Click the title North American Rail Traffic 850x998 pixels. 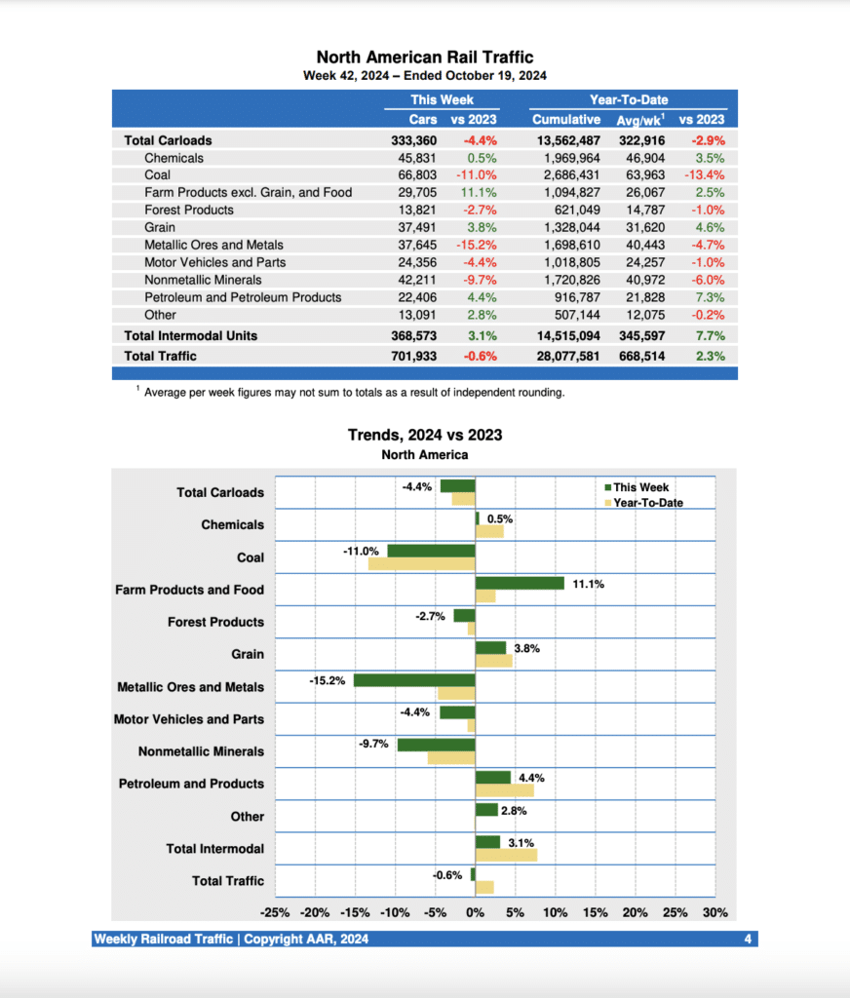tap(425, 58)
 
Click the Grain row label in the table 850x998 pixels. tap(160, 227)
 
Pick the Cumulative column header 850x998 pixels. tap(565, 119)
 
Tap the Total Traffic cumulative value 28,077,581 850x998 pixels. tap(565, 356)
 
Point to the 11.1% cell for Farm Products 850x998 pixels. tap(479, 192)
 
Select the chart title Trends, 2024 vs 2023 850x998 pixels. tap(425, 435)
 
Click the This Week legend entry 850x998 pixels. tap(640, 487)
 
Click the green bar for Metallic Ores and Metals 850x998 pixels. tap(414, 680)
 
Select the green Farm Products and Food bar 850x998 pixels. tap(520, 583)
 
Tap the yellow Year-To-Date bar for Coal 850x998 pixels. tap(421, 564)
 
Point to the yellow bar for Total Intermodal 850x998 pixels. tap(506, 855)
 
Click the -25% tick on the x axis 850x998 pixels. tap(275, 913)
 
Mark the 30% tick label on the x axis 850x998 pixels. tap(715, 913)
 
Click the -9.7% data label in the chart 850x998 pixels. tap(373, 744)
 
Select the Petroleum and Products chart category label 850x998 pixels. tap(191, 784)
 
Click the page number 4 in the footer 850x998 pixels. tap(747, 940)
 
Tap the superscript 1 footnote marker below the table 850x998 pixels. tap(138, 389)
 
